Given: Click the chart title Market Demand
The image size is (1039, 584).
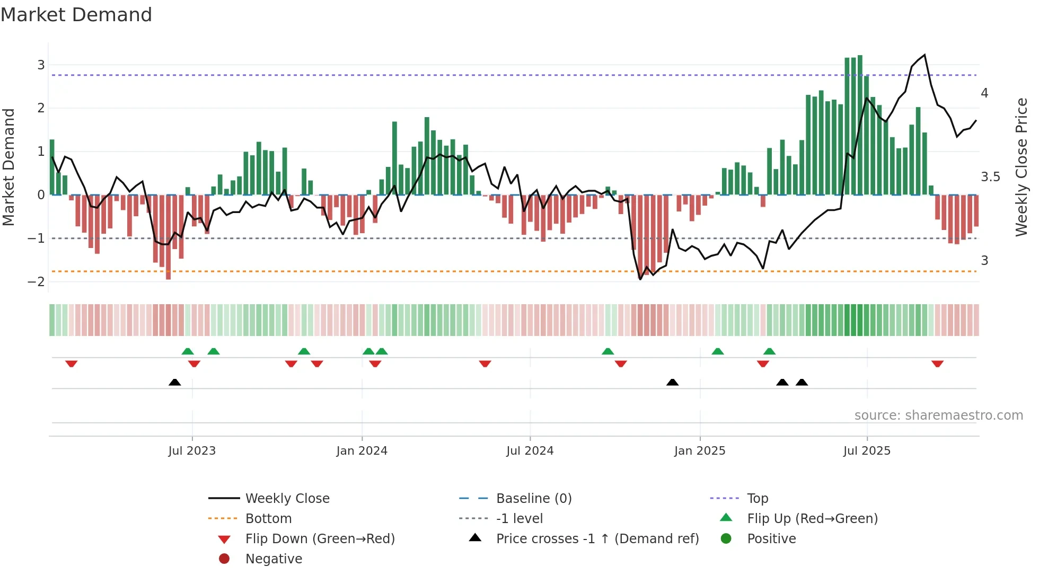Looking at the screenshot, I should point(76,15).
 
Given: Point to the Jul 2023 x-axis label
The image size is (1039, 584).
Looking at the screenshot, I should point(192,451).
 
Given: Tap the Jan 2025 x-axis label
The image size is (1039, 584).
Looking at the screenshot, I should point(700,451).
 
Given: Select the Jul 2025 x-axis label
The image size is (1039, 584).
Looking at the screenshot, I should point(867,451).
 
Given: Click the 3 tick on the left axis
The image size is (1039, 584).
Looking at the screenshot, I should point(41,65).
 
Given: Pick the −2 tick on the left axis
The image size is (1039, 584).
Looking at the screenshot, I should point(37,282).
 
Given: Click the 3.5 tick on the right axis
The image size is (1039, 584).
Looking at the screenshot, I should point(990,177).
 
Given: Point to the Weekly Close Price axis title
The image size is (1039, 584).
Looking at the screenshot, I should point(1021,167).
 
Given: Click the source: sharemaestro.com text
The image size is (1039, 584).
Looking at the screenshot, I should point(938,415).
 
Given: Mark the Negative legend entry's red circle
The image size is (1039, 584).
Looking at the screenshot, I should point(224,559).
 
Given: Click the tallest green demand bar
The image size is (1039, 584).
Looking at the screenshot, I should point(860,125).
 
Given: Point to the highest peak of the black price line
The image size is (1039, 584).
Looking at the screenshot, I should point(925,55).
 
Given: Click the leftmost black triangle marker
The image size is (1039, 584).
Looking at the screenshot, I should point(174,382).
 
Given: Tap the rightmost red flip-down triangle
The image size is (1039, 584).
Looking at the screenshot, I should point(937,364).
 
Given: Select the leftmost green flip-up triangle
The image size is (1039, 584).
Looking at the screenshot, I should point(188,351).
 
